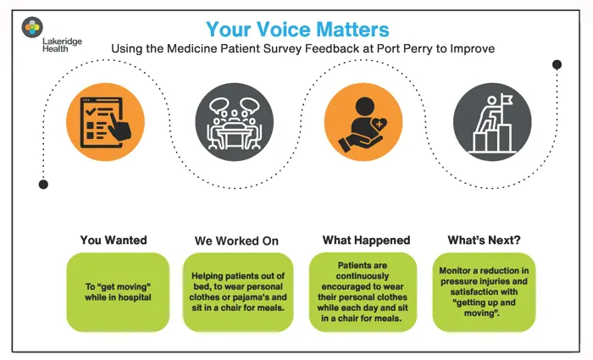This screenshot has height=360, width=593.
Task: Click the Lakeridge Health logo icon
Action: click(32, 26)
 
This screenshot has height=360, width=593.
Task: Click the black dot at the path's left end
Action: click(43, 184)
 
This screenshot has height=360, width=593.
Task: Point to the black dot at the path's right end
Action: click(557, 64)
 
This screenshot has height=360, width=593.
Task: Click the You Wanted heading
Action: click(113, 240)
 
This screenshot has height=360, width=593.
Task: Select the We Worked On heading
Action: click(236, 241)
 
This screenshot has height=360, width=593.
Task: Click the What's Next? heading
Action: click(485, 240)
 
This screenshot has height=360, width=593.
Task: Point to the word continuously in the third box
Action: click(362, 276)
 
